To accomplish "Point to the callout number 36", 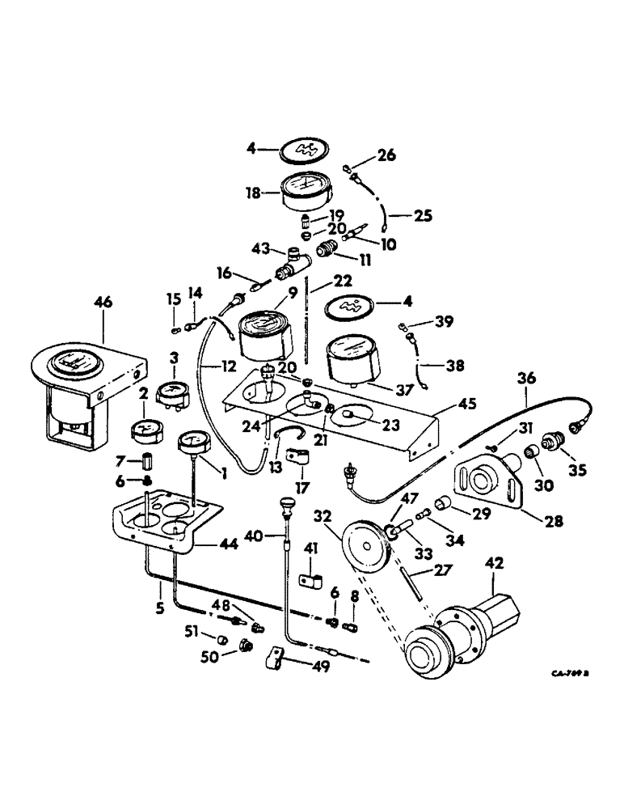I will click(526, 377).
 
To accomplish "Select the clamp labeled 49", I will click(276, 662).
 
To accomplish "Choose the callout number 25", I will click(423, 216).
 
